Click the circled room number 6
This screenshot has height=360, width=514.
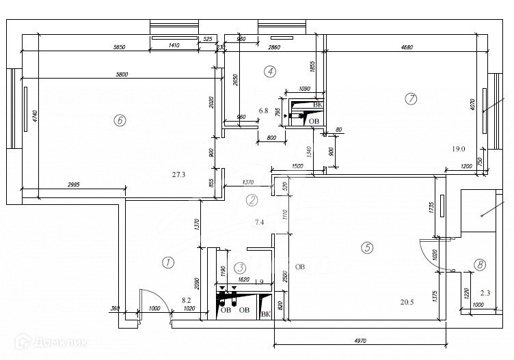[120, 120]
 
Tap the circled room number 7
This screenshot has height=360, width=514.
[410, 99]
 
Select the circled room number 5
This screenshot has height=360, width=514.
[368, 249]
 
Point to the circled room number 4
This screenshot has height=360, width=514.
[271, 70]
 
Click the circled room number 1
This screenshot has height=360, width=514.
[166, 262]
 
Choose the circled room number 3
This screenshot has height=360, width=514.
[239, 269]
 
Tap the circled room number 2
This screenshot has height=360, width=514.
[252, 200]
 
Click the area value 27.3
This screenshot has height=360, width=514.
[179, 175]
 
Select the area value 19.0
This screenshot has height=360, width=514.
[458, 148]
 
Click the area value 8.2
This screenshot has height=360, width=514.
[185, 300]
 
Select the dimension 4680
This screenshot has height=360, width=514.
[406, 47]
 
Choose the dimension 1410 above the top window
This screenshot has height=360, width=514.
[173, 46]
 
